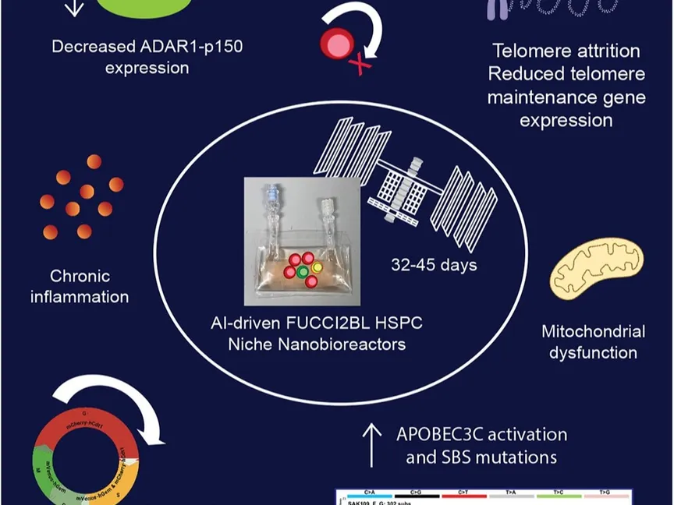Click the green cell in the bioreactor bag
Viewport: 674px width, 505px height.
tap(302, 270)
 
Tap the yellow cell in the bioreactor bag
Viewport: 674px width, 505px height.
tap(317, 267)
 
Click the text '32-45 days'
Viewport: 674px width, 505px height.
tap(434, 265)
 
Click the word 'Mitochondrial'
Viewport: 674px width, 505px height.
tap(593, 331)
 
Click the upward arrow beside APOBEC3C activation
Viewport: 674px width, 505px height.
tap(372, 445)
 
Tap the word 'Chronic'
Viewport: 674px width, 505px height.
tap(80, 276)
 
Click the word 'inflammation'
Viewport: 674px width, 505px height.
tap(80, 297)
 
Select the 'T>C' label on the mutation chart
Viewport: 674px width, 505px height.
tap(559, 493)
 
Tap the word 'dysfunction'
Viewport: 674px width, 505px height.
tap(593, 353)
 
